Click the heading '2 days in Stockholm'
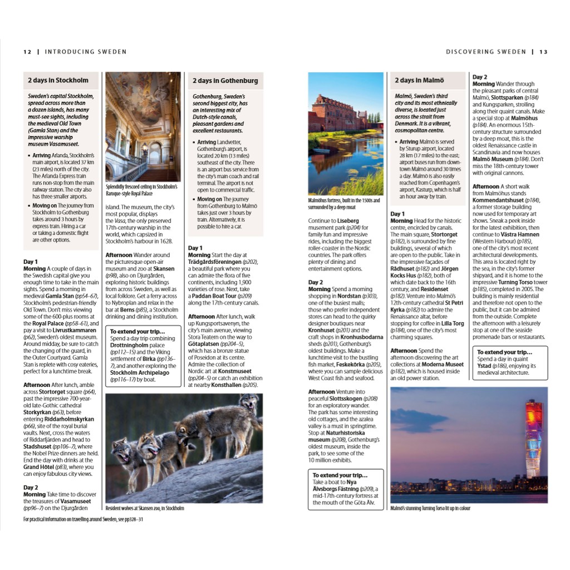58,81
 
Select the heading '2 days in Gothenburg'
225,81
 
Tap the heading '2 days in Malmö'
419,81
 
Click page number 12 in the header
27,52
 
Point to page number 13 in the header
543,52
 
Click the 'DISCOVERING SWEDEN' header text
486,52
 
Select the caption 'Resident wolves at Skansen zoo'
144,508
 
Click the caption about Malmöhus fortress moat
344,204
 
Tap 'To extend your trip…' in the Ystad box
504,352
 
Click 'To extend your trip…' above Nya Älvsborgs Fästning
340,475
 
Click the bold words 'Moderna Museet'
443,365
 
